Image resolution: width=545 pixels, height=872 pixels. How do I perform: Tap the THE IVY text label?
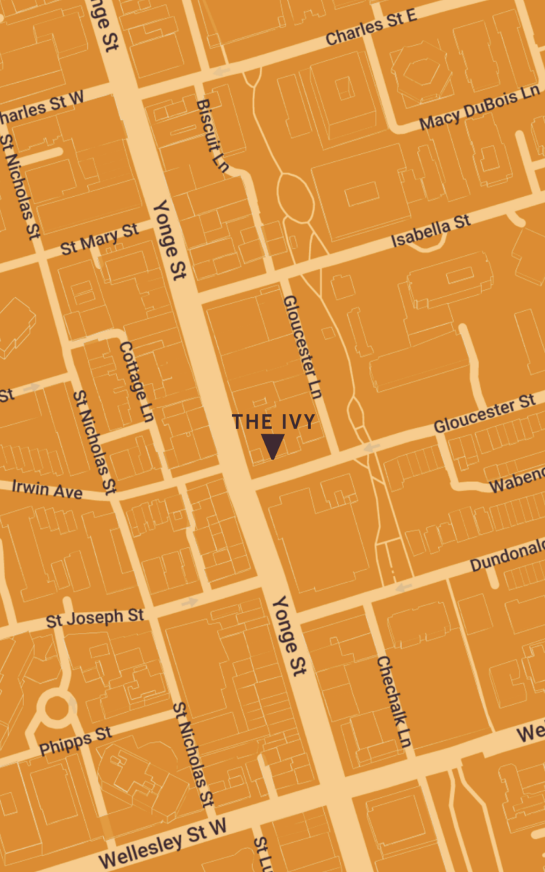[273, 421]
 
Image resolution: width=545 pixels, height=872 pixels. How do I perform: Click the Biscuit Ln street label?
[212, 136]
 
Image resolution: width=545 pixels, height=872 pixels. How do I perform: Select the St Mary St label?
[100, 240]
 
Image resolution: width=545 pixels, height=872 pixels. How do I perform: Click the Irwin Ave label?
[47, 490]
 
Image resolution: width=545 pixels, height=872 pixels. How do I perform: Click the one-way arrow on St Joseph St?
[190, 602]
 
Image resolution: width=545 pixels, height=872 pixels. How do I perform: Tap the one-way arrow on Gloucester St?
[372, 448]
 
